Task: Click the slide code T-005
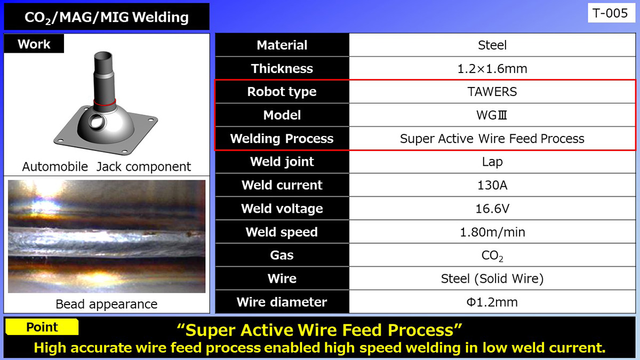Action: click(611, 13)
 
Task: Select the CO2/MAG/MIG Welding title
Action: click(107, 17)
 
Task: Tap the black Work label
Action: click(34, 44)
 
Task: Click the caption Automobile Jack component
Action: click(107, 167)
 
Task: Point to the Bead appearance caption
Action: click(107, 304)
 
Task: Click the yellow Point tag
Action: click(42, 327)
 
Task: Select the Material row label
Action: click(282, 45)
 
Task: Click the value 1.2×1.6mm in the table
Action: click(492, 69)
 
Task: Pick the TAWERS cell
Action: click(492, 92)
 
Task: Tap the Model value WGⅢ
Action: click(492, 115)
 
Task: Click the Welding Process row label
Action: click(282, 139)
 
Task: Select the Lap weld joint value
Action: click(492, 162)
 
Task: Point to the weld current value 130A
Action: click(492, 186)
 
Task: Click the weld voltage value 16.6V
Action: click(492, 209)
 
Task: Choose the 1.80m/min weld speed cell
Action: click(492, 232)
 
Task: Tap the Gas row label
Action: click(282, 255)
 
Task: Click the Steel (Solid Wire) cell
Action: click(492, 278)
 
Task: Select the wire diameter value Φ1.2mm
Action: click(492, 302)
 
